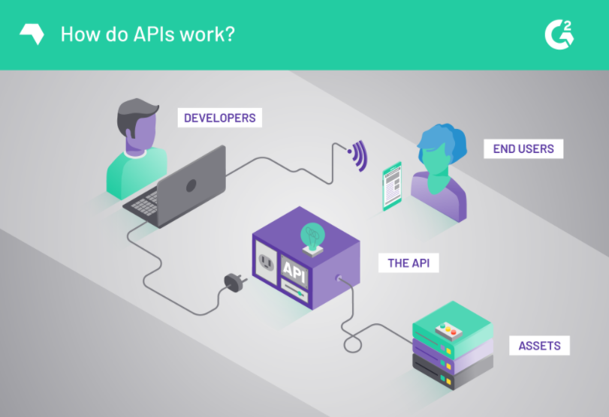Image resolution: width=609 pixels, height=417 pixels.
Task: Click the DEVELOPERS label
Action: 220,118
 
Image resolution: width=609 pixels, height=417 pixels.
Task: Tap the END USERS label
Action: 523,148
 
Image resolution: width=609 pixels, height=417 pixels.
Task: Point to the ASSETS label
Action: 539,346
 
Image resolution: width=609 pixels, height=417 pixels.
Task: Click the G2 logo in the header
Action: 559,34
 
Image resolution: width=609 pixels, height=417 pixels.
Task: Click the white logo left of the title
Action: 30,34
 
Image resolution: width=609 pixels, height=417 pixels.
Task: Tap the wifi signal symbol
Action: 358,156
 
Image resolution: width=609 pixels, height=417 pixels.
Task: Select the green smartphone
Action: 391,186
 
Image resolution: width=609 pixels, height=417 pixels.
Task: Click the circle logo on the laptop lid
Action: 190,184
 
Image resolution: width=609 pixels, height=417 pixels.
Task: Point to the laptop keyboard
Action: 147,201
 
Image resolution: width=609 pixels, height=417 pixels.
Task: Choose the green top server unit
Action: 451,325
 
